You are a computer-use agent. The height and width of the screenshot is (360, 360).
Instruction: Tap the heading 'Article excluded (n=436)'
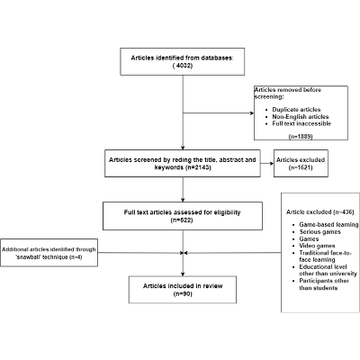point(313,211)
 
